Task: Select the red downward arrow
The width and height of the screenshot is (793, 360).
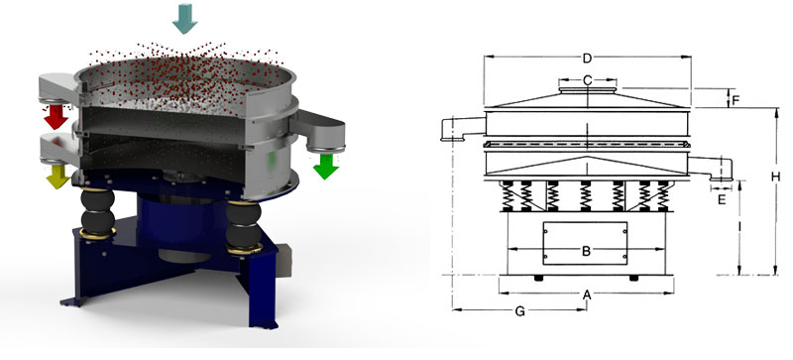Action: tap(55, 116)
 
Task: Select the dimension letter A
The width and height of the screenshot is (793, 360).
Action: tap(586, 295)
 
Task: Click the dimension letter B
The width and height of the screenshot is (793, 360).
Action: tap(586, 251)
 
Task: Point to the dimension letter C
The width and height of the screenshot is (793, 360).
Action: tap(587, 79)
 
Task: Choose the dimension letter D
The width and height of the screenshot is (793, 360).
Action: tap(587, 58)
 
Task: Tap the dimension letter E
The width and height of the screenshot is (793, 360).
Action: tap(721, 199)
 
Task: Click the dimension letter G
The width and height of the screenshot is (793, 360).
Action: tap(520, 311)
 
